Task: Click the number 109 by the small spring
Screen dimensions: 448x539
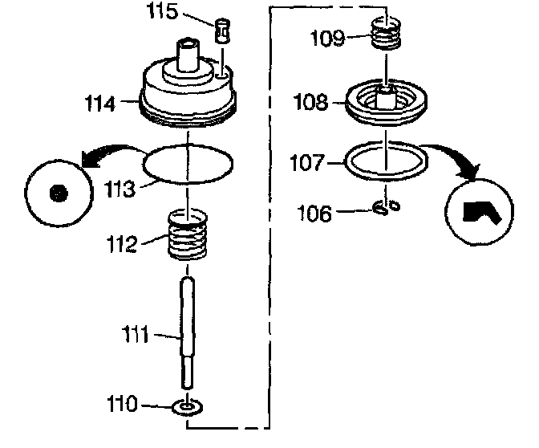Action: pyautogui.click(x=330, y=37)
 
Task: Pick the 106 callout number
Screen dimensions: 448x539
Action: pyautogui.click(x=314, y=213)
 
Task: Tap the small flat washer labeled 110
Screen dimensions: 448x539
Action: pyautogui.click(x=187, y=408)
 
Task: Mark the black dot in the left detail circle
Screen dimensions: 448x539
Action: pyautogui.click(x=56, y=193)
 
